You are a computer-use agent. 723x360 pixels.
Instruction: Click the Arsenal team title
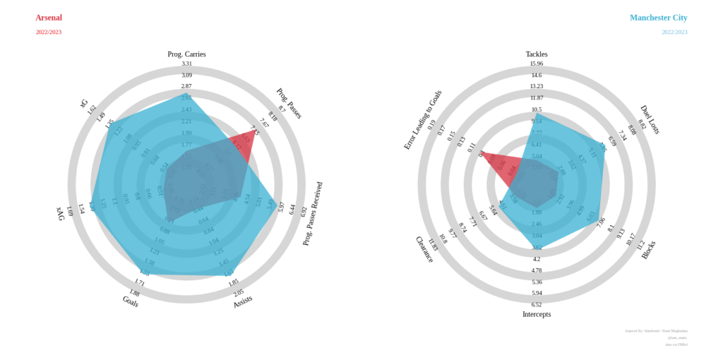pos(49,18)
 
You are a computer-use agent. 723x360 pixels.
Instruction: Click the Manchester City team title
pos(658,18)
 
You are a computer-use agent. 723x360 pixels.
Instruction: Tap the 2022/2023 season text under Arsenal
pos(49,32)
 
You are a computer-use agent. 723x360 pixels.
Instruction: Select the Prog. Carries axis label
pos(186,54)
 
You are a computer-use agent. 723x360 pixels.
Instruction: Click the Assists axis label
pos(242,302)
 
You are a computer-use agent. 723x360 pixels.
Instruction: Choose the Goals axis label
pos(131,301)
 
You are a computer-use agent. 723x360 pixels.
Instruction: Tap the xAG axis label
pos(61,214)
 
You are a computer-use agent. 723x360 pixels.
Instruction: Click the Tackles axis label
pos(537,54)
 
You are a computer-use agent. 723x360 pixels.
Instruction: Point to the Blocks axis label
pos(648,250)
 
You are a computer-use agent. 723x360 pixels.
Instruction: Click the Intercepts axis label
pos(537,314)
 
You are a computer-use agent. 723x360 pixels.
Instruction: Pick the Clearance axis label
pos(426,249)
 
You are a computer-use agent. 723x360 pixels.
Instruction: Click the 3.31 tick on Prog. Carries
pos(186,64)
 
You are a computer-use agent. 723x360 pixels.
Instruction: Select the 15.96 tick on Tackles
pos(537,64)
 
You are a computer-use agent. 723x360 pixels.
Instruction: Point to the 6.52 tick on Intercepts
pos(537,304)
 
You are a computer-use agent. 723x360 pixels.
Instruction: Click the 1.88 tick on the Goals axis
pos(134,292)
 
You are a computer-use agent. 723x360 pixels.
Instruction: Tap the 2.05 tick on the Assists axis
pos(239,292)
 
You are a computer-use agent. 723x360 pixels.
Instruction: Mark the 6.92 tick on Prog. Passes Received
pos(303,211)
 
